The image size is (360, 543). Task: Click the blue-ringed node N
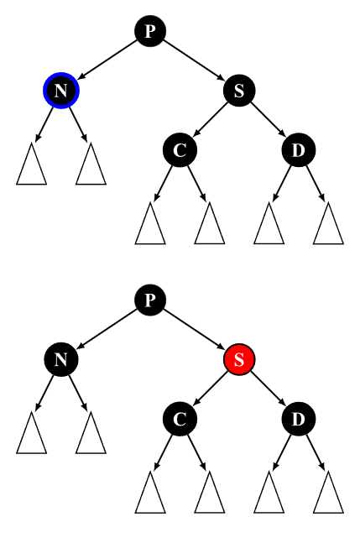(61, 91)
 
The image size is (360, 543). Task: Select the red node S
(239, 359)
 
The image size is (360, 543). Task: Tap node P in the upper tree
(150, 31)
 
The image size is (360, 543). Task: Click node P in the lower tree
(150, 300)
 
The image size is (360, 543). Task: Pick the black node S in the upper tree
(239, 91)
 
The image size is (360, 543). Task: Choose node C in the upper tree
(180, 150)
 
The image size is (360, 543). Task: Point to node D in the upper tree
(299, 150)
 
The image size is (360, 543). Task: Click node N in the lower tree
(61, 359)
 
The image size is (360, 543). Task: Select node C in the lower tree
(180, 419)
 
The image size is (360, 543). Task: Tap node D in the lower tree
(299, 419)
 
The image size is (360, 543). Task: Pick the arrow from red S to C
(210, 389)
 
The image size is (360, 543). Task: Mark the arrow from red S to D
(269, 389)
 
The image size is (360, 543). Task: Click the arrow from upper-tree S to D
(269, 120)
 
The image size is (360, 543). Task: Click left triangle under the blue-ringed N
(32, 164)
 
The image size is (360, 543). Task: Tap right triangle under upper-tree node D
(328, 224)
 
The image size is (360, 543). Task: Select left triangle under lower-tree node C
(150, 493)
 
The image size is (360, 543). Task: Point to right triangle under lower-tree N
(91, 433)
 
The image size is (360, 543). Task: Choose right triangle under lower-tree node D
(328, 493)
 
